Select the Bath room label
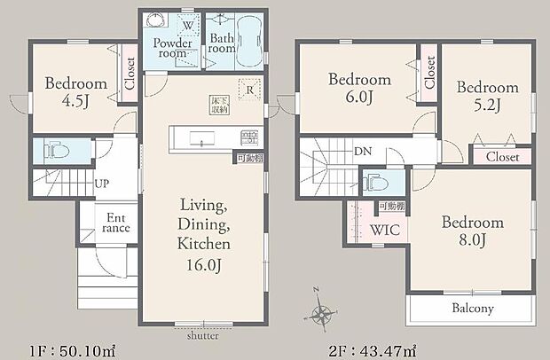tap(222, 43)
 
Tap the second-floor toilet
tap(373, 183)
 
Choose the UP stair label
tap(103, 184)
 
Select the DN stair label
tap(363, 152)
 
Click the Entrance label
tap(117, 222)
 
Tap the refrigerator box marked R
tap(251, 90)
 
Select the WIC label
tap(383, 231)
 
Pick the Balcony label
tap(472, 309)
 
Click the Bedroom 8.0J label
tap(472, 232)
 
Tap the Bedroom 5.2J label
tap(487, 98)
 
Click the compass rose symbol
tap(323, 312)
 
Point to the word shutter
tap(202, 336)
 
